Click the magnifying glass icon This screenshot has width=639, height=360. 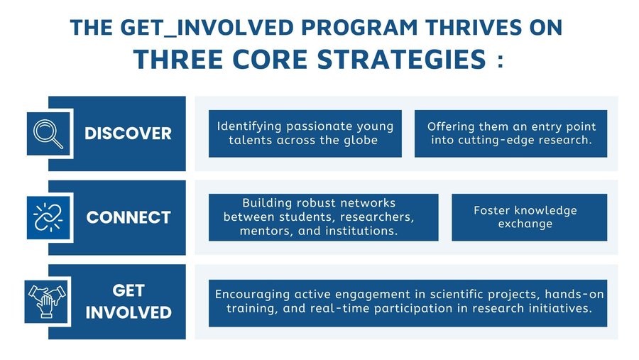48,133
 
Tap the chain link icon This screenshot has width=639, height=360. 48,217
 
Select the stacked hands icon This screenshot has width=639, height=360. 46,301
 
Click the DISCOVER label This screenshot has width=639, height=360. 128,133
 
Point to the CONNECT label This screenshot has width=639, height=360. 129,217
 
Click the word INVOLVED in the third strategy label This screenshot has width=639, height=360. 129,312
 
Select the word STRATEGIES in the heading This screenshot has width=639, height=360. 401,59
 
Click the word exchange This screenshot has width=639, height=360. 525,224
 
